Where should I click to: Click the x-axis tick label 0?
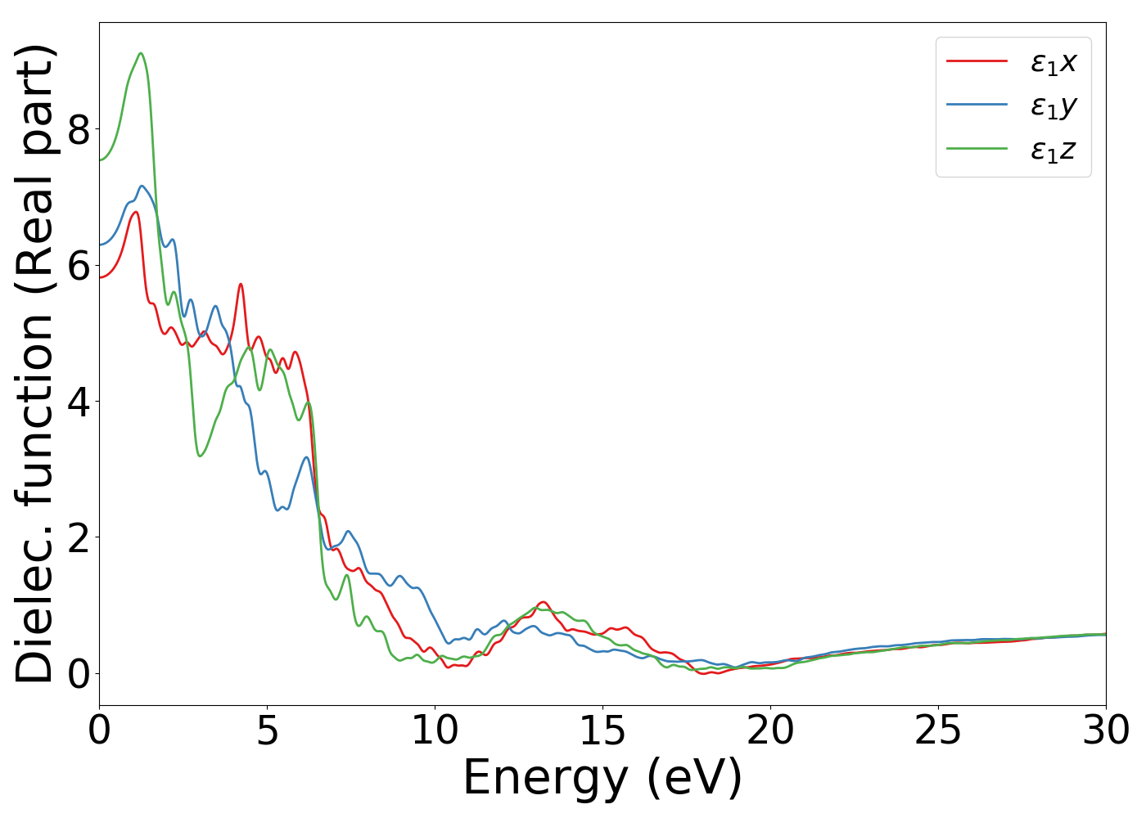point(99,730)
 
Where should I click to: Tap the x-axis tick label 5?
point(268,730)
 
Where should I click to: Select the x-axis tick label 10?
point(435,730)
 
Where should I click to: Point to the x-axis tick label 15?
point(602,730)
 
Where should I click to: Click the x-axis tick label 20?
point(770,730)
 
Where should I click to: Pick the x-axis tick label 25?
point(938,730)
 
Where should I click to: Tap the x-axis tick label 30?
point(1106,730)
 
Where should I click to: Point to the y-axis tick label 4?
point(78,401)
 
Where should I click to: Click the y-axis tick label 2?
point(78,537)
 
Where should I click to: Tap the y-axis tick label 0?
point(78,672)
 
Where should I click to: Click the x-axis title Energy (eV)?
point(602,778)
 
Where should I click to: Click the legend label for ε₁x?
point(1054,62)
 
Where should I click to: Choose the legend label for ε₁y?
point(1054,106)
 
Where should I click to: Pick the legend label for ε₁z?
point(1054,151)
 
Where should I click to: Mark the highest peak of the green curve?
point(141,53)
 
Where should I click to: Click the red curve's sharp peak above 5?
point(241,284)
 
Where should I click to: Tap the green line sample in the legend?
point(977,148)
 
